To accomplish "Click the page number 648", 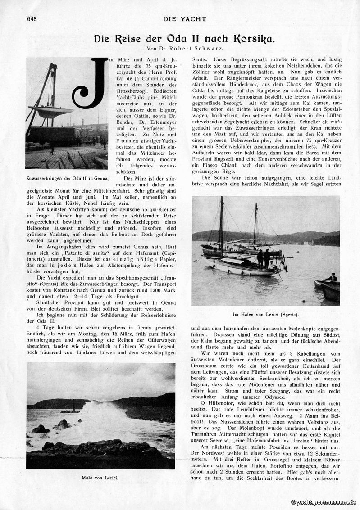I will tap(32, 18).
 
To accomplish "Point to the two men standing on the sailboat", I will tap(264, 258).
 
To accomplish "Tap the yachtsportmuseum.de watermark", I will tap(323, 502).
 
